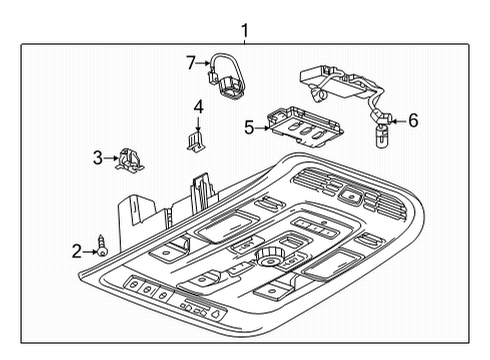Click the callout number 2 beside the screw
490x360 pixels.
[x=76, y=251]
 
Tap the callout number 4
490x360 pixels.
[x=198, y=107]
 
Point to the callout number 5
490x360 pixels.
[x=249, y=126]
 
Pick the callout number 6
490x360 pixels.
[x=412, y=120]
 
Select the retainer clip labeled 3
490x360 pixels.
[x=128, y=158]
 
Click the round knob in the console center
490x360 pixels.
[x=267, y=258]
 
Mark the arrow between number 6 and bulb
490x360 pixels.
[x=398, y=121]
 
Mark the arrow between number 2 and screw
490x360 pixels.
[x=88, y=251]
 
